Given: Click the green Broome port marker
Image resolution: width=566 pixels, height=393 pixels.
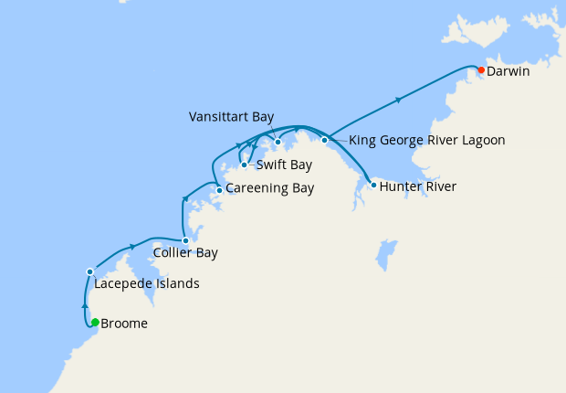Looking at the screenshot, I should coord(95,322).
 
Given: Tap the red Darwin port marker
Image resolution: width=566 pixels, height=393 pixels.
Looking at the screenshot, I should coord(481,69).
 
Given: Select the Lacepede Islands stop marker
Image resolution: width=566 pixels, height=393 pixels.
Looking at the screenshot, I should coord(89,271).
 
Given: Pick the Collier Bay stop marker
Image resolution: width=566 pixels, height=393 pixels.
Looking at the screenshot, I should coord(185,241).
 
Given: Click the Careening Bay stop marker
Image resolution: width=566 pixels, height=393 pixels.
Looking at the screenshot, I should coord(219,190).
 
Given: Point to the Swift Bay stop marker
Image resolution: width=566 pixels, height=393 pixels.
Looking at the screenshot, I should coord(245,165).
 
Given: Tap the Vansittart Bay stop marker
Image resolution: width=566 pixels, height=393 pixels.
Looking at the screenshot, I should coord(278,142).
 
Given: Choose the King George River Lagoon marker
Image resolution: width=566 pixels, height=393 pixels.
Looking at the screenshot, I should coord(324,140).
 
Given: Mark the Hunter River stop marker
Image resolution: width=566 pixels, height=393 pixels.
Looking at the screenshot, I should coord(373,186).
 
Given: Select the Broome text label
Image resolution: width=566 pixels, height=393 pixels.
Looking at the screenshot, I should coord(124,324).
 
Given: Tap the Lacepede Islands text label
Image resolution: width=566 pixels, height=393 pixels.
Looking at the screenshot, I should coord(147,283).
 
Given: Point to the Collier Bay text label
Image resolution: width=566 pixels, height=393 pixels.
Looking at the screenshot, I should coord(185,252).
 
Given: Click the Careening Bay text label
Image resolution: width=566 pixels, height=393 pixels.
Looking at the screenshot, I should coord(269,189).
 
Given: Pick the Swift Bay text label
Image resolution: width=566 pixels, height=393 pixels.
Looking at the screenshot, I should coord(284,165).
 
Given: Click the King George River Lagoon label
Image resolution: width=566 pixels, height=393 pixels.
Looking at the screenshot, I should coord(427,141).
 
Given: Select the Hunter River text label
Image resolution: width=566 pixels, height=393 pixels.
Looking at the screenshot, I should coord(417,186).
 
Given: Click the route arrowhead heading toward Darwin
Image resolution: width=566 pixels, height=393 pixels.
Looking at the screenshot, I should coord(398,100).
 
